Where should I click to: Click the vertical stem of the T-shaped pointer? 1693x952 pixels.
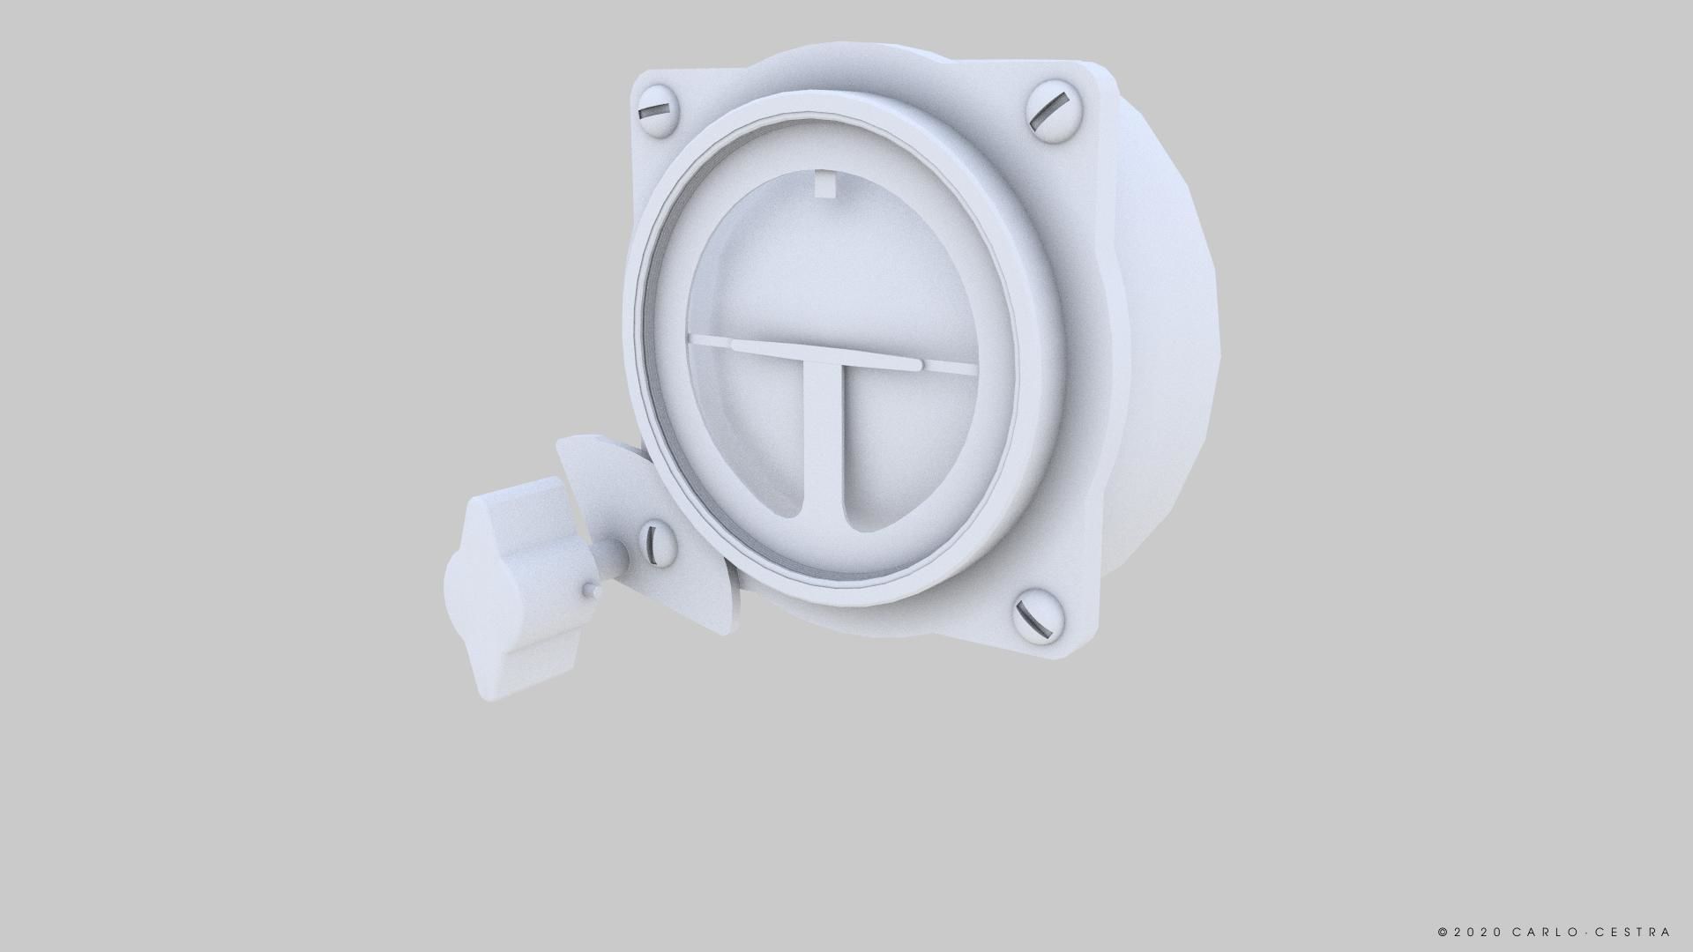825,441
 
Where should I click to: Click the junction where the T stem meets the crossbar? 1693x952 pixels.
827,357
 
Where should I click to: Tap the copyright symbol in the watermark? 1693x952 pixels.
1443,932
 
